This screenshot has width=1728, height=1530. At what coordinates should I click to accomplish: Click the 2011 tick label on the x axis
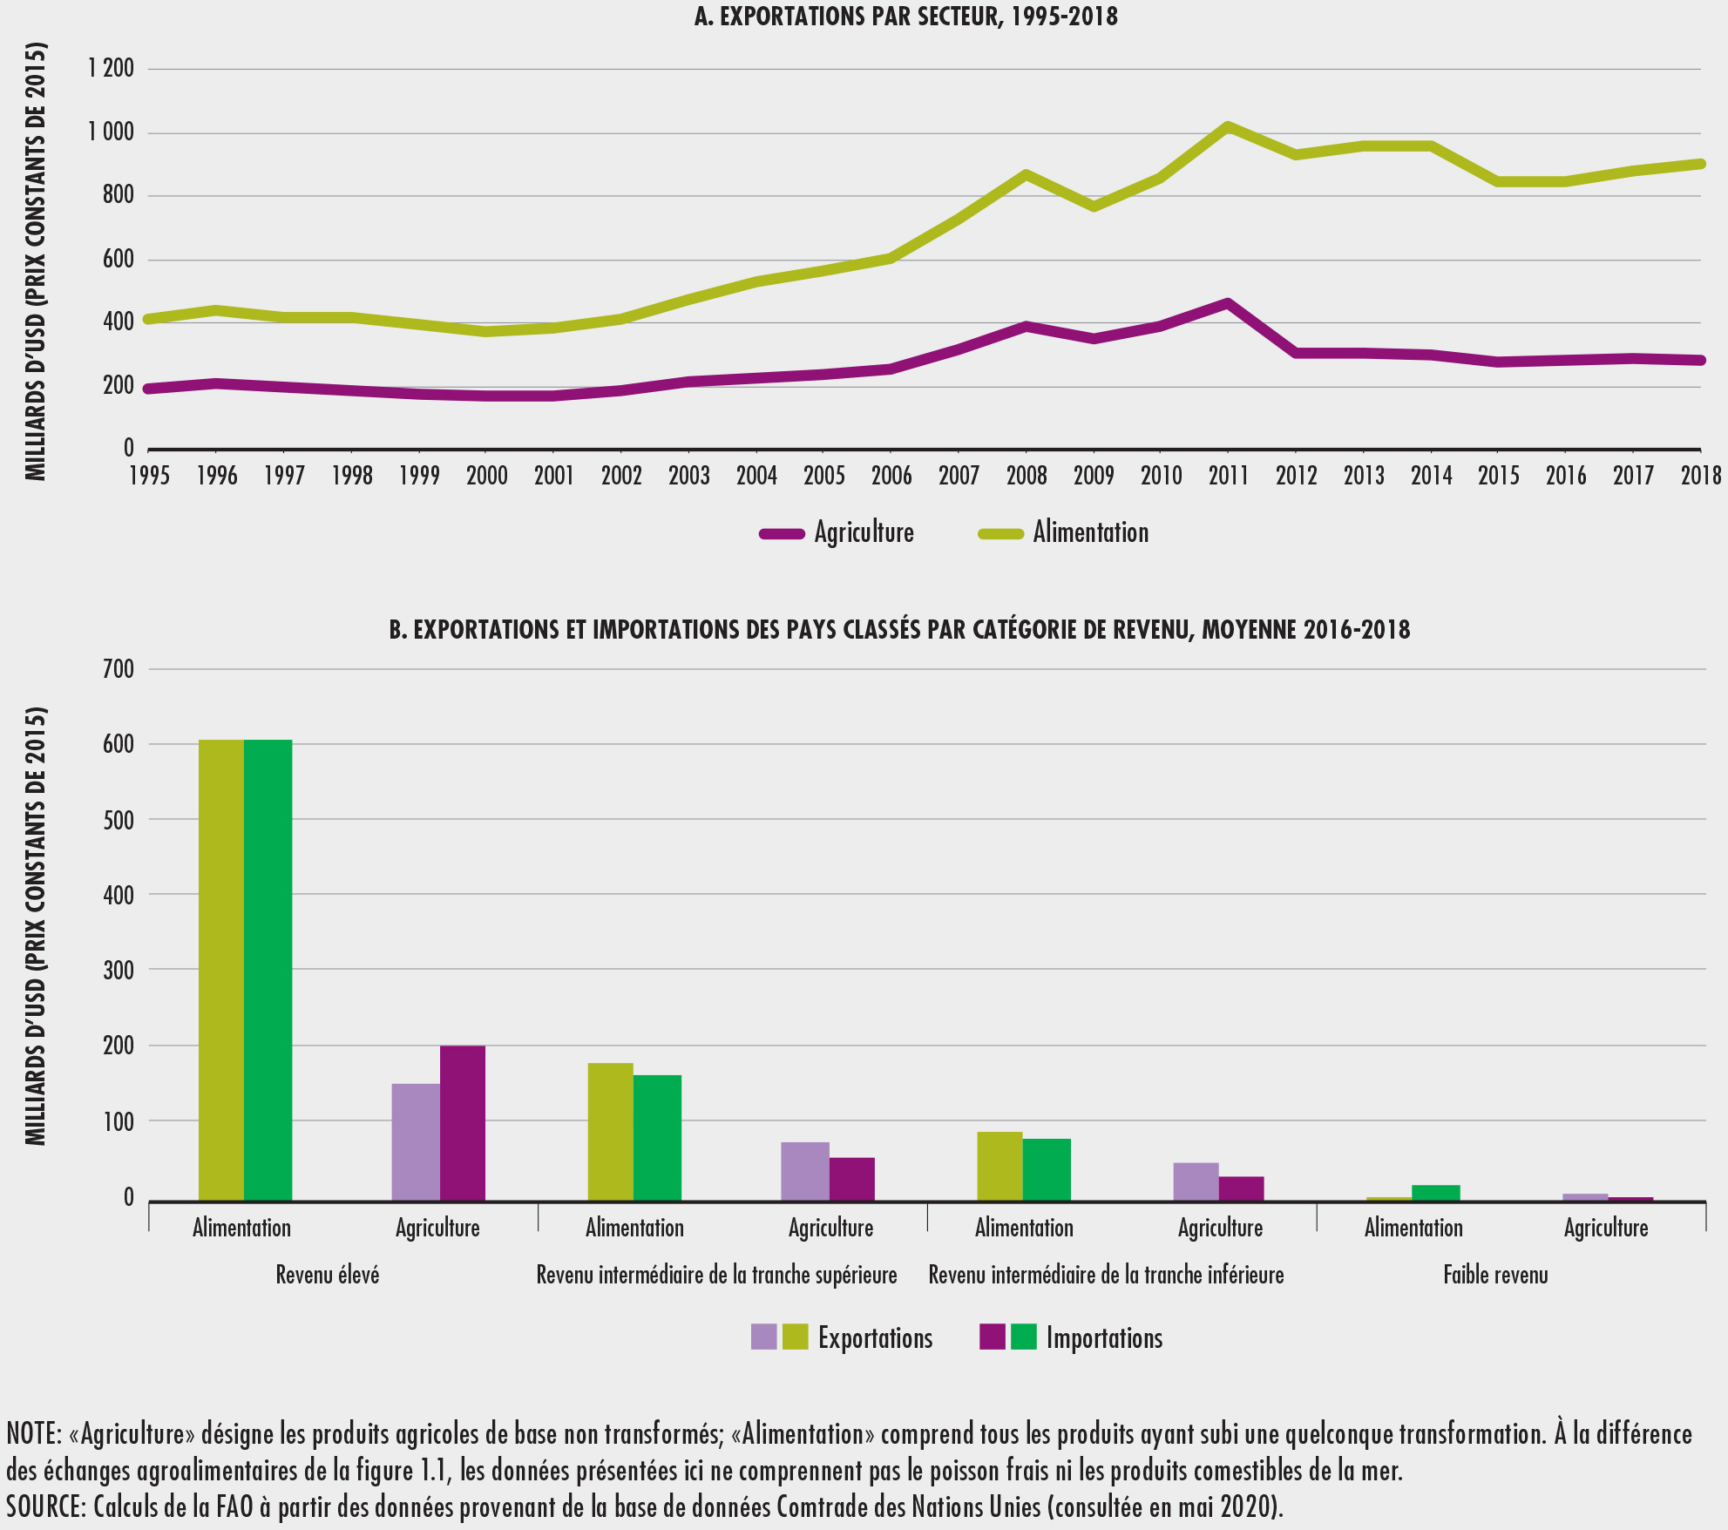tap(1228, 476)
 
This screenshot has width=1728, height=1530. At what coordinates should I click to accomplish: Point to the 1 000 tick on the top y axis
tap(111, 132)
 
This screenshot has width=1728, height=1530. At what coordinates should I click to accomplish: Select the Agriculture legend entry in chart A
tap(863, 532)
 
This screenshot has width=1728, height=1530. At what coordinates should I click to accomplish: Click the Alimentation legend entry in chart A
tap(1090, 532)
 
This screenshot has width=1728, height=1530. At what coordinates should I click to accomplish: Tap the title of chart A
tap(905, 17)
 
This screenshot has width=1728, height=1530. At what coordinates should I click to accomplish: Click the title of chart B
tap(899, 629)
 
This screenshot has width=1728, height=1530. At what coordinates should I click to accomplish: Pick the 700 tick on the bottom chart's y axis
tap(119, 669)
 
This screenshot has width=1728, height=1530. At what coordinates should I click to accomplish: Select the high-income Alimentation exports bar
tap(221, 971)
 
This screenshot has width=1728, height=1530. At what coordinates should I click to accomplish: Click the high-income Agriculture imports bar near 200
tap(463, 1123)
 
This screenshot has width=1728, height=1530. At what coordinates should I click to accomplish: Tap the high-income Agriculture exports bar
tap(416, 1142)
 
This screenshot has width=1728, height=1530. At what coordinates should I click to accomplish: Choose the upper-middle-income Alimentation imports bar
tap(657, 1138)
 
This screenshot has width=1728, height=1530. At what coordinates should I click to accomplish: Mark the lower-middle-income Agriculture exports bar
tap(1196, 1181)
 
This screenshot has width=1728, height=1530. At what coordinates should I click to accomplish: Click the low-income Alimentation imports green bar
tap(1435, 1193)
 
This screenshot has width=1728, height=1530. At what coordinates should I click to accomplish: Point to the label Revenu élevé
tap(328, 1276)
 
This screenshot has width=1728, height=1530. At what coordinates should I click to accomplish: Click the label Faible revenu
tap(1495, 1276)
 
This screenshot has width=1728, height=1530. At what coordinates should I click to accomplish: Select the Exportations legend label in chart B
tap(875, 1338)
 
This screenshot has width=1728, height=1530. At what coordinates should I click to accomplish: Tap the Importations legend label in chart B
tap(1104, 1338)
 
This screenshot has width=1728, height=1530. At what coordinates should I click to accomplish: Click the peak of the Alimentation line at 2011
tap(1227, 126)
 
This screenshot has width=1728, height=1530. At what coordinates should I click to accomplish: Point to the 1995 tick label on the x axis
tap(150, 476)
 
